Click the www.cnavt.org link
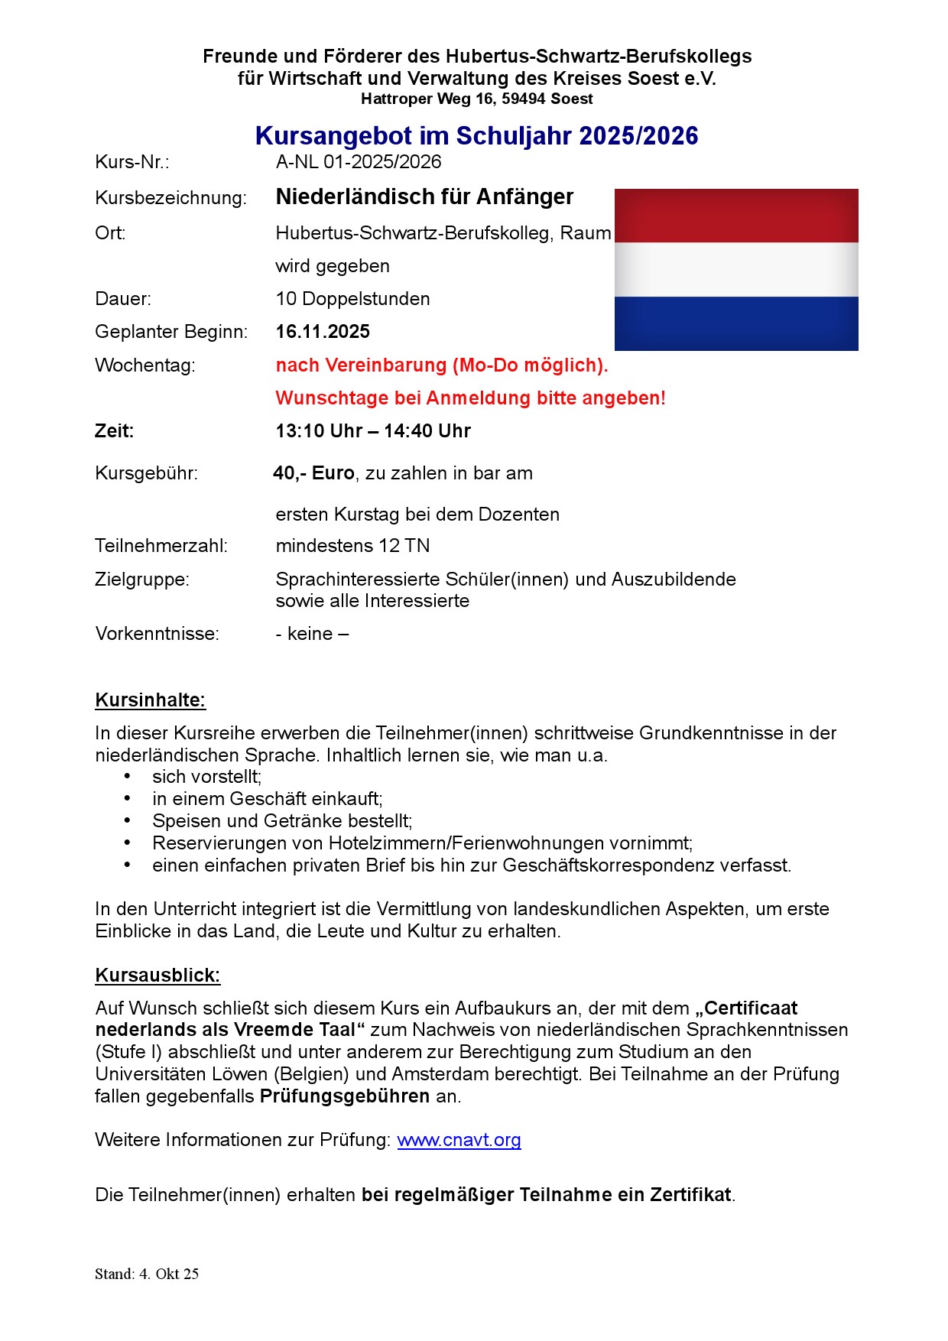[x=459, y=1140]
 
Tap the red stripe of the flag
[x=736, y=216]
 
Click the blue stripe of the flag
[x=736, y=323]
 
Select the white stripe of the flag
[x=736, y=270]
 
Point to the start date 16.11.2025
[x=323, y=332]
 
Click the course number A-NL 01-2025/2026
[x=359, y=162]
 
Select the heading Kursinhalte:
[x=151, y=700]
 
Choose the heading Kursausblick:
[x=157, y=976]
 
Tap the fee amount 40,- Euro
[x=313, y=473]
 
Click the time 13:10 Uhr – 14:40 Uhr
[x=373, y=431]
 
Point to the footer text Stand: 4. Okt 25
[x=147, y=1274]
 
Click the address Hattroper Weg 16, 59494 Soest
[x=476, y=99]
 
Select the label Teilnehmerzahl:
[x=161, y=546]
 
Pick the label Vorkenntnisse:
[x=157, y=634]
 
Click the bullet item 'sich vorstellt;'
[x=206, y=777]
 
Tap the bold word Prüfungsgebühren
[x=344, y=1096]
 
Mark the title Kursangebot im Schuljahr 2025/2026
[x=476, y=136]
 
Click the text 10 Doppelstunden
[x=352, y=299]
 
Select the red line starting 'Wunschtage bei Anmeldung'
[x=470, y=398]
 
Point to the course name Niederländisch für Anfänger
[x=424, y=197]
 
